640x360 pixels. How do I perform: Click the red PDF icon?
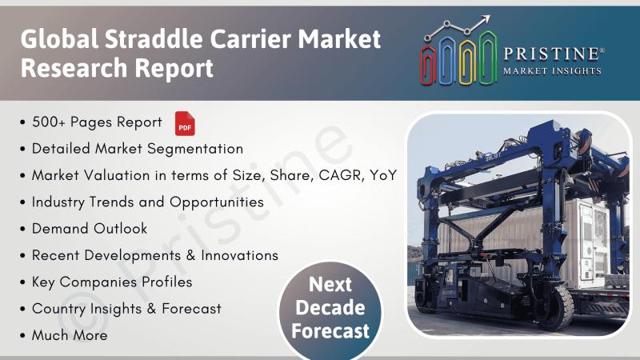(x=185, y=123)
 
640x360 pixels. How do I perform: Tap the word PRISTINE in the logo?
(x=551, y=54)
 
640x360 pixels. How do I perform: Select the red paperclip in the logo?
(x=428, y=66)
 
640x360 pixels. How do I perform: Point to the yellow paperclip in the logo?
(x=467, y=62)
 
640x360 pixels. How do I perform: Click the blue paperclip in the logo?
(x=447, y=60)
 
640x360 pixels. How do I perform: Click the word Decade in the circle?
(x=330, y=308)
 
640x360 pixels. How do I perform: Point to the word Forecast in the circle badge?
(x=330, y=331)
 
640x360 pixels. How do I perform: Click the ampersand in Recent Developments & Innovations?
(x=190, y=255)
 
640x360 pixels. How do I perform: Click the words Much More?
(x=70, y=335)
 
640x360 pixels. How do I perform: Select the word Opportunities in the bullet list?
(x=217, y=202)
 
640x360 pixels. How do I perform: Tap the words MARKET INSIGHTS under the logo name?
(x=552, y=71)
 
